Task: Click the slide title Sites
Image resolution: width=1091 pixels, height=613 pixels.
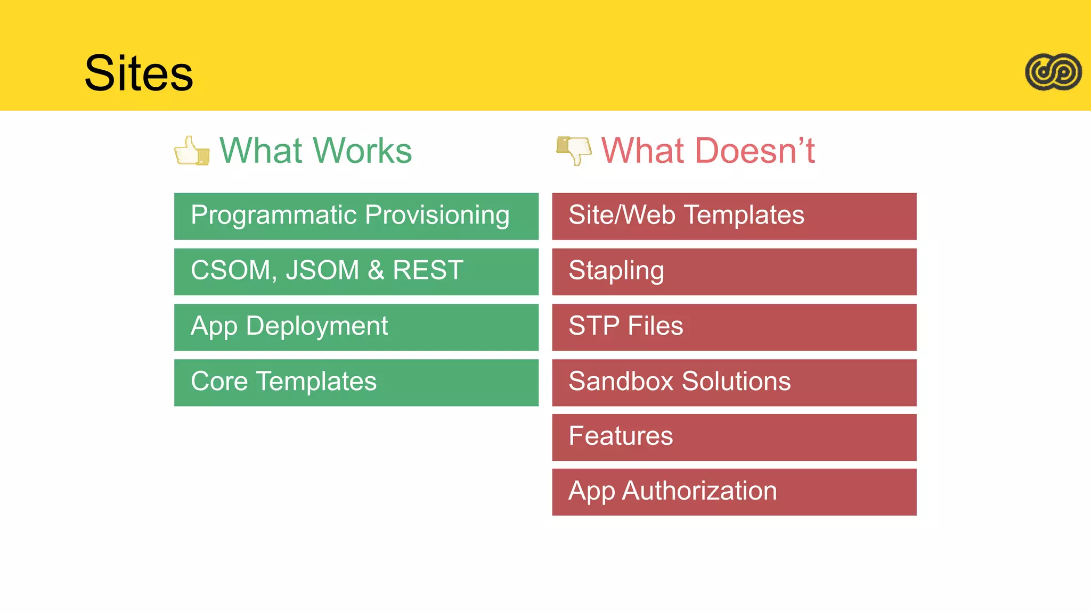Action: tap(139, 73)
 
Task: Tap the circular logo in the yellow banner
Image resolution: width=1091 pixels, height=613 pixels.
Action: tap(1053, 72)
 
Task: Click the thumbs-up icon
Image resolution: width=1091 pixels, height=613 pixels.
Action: tap(191, 151)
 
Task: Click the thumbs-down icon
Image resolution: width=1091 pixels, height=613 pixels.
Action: tap(574, 150)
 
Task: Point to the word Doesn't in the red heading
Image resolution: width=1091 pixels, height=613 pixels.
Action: tap(747, 151)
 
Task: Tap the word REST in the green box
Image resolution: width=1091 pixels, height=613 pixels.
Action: tap(428, 270)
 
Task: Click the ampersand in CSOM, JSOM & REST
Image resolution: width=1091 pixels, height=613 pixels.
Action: tap(376, 270)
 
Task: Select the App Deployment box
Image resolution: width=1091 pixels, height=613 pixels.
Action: tap(356, 327)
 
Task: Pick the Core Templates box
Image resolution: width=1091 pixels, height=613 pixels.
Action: tap(356, 382)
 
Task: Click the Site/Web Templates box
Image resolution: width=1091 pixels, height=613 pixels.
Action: tap(734, 216)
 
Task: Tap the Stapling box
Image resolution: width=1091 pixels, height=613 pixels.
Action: tap(734, 271)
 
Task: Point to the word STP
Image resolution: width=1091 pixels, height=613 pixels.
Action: tap(594, 326)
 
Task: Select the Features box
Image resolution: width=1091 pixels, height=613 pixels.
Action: tap(734, 437)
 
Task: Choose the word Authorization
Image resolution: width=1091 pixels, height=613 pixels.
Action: tap(699, 491)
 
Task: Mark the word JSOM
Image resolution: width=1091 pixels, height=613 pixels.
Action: tap(322, 270)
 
